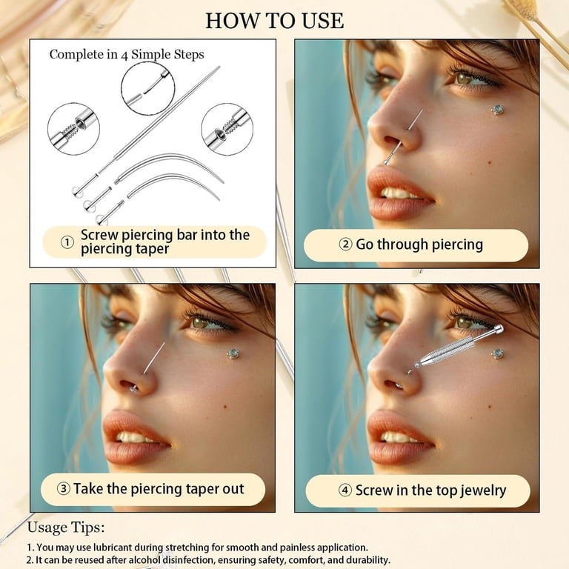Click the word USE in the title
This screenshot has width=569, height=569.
(322, 21)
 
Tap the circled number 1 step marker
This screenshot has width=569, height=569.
(67, 242)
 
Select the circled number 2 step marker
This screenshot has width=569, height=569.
(345, 244)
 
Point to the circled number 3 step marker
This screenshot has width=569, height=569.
(64, 489)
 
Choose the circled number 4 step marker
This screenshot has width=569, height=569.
(345, 490)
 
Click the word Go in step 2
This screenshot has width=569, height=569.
(365, 244)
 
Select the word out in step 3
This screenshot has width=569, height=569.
(233, 489)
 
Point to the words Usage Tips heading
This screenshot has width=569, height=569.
(66, 527)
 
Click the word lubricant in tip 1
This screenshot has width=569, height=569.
(113, 548)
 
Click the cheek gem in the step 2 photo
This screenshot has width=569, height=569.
(498, 109)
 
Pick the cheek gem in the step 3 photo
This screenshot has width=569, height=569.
(233, 354)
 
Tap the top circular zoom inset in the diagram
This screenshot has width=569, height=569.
(148, 89)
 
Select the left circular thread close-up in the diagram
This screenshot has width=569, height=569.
(73, 129)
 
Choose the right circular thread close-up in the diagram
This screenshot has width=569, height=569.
(227, 129)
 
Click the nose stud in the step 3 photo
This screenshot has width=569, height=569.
(133, 389)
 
